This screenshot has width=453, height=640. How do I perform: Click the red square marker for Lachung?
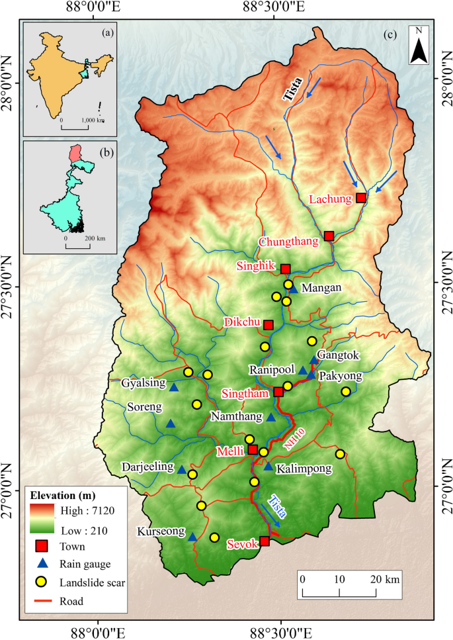(x=360, y=198)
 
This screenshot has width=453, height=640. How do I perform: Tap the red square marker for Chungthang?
(x=329, y=236)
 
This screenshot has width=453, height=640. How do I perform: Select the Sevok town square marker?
(x=265, y=541)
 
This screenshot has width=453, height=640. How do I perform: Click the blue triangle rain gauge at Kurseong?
(x=192, y=537)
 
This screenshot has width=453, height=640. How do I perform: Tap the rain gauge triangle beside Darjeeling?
(x=182, y=469)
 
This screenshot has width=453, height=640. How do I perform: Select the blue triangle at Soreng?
(x=171, y=424)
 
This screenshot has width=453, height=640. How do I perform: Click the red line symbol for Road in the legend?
(x=41, y=601)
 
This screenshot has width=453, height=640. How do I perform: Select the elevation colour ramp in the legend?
(x=41, y=520)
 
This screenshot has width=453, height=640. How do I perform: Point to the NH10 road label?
(x=290, y=440)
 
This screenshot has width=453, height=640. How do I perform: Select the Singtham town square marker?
(x=278, y=392)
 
